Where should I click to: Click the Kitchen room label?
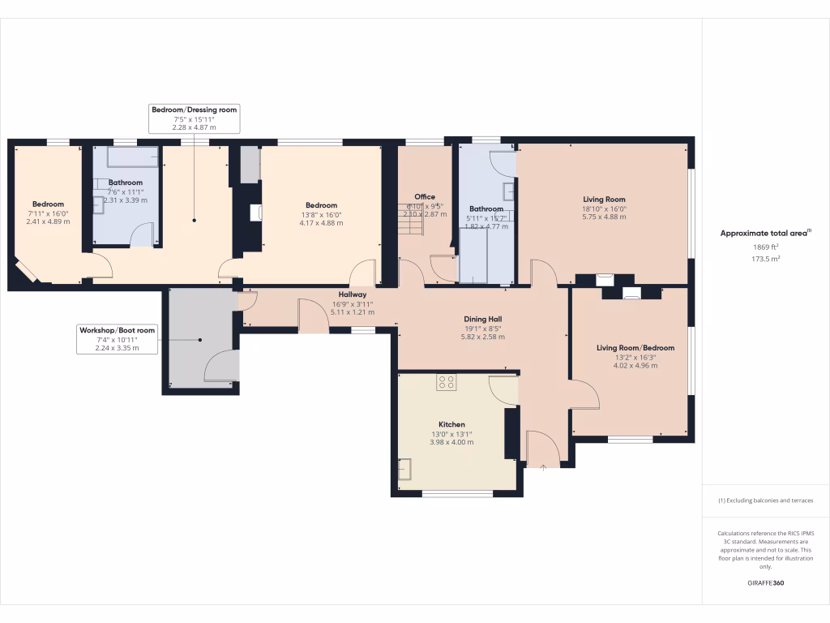click(451, 424)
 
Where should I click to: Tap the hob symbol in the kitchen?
click(446, 382)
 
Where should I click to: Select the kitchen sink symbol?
click(404, 469)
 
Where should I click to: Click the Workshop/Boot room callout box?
click(117, 339)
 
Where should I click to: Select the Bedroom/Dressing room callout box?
click(195, 118)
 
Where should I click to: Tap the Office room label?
click(425, 197)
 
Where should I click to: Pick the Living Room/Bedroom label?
click(635, 348)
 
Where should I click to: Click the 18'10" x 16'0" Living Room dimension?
click(604, 208)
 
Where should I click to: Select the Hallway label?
click(353, 294)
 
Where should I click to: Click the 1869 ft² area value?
click(766, 247)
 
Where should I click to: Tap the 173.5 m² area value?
click(766, 259)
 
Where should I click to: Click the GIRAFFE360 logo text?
click(766, 583)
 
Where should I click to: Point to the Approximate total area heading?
click(766, 233)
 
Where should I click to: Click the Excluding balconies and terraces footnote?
click(766, 501)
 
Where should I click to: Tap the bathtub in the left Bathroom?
click(132, 157)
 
